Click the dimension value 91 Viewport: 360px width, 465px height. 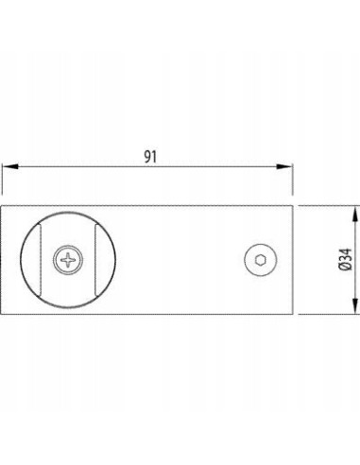(x=150, y=157)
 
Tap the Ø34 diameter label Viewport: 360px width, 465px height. (x=346, y=260)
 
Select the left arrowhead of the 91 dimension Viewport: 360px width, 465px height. (x=9, y=166)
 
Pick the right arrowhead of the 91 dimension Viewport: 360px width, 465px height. (x=284, y=166)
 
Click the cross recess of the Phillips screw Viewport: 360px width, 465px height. (x=68, y=260)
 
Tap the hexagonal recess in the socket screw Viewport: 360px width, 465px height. (x=261, y=260)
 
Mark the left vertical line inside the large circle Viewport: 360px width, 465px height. (x=41, y=260)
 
